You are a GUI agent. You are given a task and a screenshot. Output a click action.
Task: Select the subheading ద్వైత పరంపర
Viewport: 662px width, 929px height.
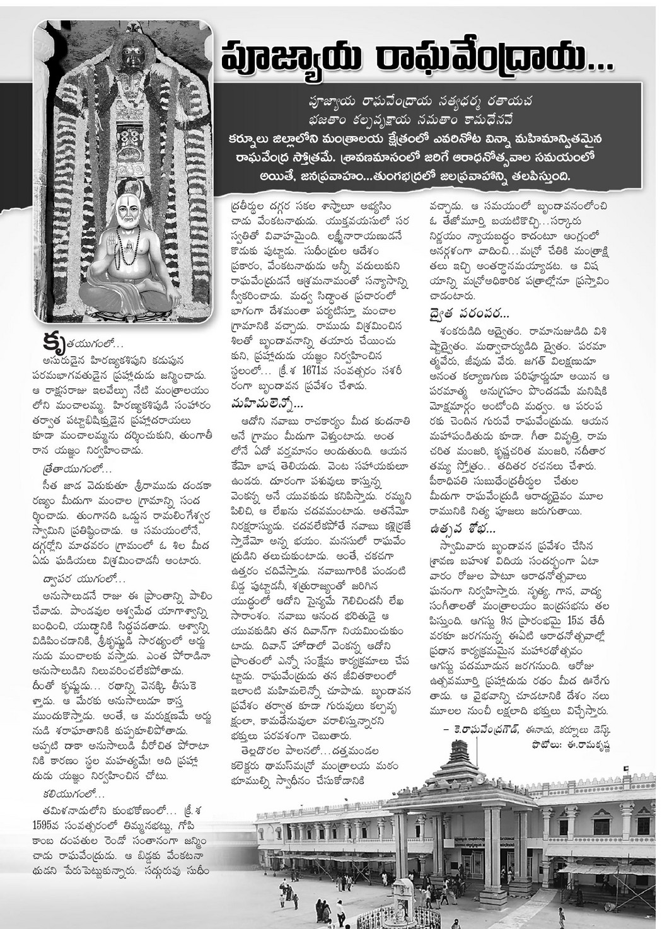[x=468, y=313]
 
